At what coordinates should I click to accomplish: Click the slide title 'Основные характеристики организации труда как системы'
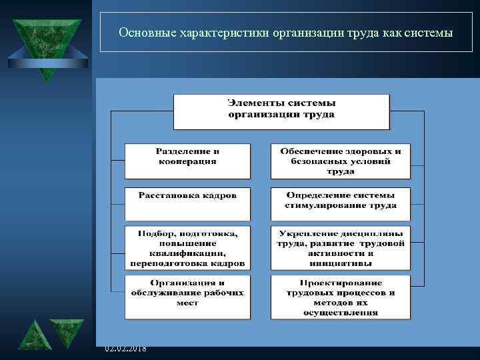(x=285, y=31)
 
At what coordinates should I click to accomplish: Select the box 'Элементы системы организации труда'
(x=281, y=111)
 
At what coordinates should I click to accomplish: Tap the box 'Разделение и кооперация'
(x=187, y=161)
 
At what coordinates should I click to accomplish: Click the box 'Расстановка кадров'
(x=187, y=203)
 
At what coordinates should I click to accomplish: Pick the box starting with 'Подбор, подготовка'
(x=187, y=247)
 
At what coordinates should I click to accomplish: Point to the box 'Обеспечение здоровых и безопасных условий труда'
(x=341, y=161)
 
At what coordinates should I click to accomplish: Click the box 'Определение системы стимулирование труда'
(x=341, y=203)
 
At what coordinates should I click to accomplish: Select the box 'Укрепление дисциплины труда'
(x=341, y=247)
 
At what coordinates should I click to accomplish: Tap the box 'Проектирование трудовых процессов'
(x=341, y=297)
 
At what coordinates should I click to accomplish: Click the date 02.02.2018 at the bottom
(x=126, y=349)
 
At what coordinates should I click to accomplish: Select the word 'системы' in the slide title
(x=428, y=31)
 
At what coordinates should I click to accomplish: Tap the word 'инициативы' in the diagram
(x=341, y=263)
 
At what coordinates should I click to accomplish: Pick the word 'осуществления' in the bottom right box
(x=341, y=312)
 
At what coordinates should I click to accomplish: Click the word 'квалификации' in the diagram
(x=187, y=253)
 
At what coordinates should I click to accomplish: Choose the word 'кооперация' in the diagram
(x=187, y=161)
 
